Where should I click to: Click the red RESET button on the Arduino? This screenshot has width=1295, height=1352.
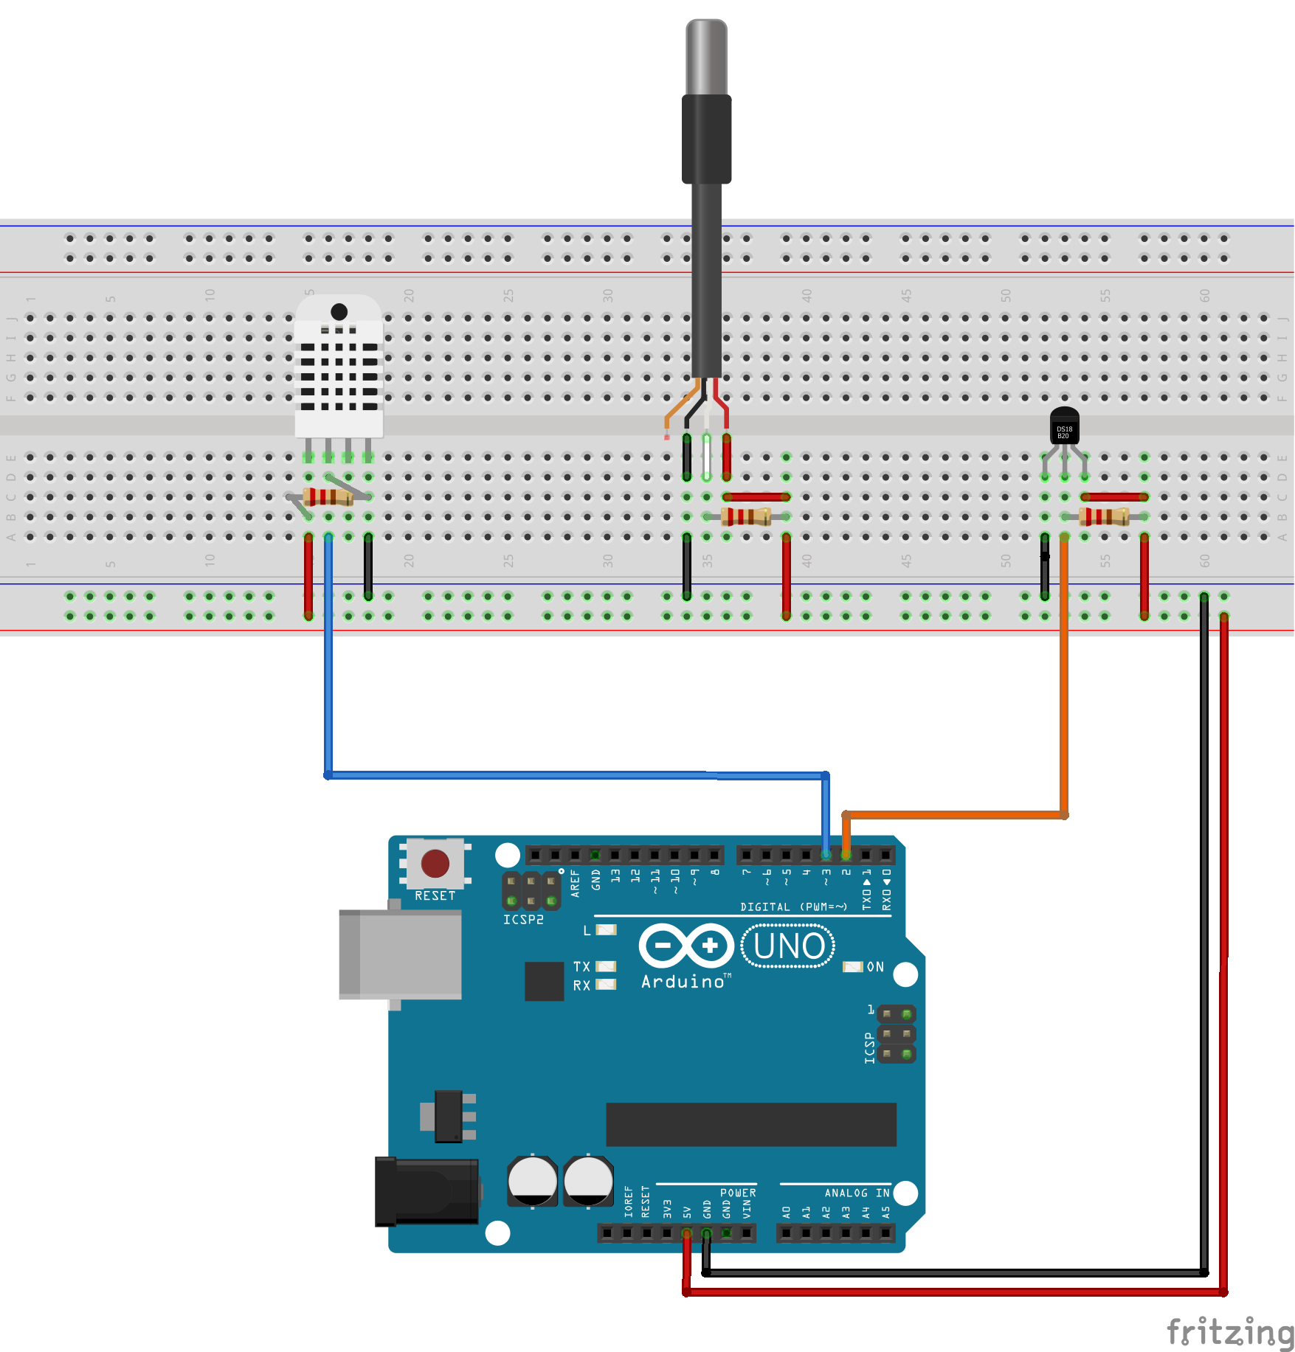435,863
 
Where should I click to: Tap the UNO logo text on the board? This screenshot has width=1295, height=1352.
788,946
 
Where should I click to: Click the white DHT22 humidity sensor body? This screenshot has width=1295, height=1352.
339,369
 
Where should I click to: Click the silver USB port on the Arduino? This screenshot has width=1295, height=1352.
400,954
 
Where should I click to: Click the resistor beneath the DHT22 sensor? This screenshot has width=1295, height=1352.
329,496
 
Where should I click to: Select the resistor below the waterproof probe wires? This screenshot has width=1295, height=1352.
746,516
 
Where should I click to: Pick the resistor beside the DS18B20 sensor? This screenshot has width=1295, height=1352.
1104,516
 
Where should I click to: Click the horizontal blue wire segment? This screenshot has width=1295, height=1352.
576,775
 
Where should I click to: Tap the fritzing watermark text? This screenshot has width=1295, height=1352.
1229,1332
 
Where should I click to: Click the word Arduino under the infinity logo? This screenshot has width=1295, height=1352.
683,982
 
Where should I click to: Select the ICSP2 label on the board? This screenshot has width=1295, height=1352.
523,920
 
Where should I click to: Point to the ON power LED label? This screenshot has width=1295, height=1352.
874,967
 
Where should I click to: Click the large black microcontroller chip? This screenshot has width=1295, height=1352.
750,1124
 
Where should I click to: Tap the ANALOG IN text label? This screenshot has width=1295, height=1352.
857,1193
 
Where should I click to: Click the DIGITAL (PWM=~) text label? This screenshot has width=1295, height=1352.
793,907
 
